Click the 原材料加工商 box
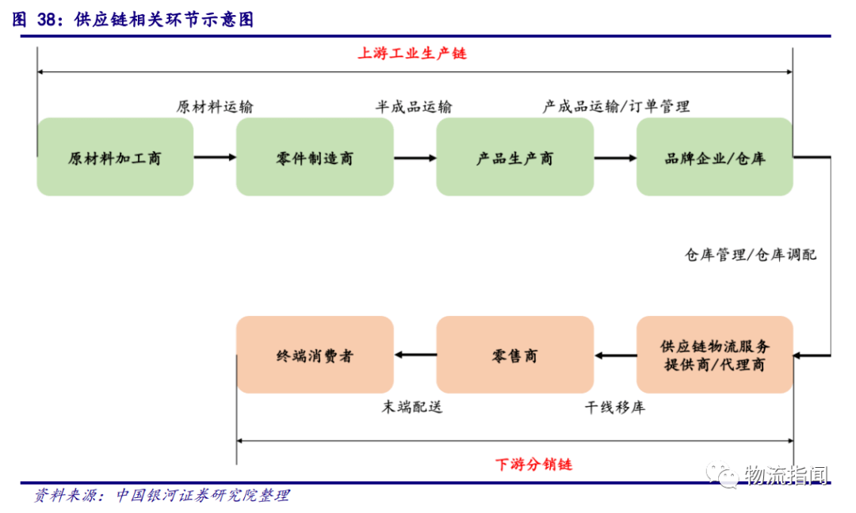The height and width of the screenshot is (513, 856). pyautogui.click(x=115, y=157)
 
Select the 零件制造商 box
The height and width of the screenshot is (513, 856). pyautogui.click(x=315, y=157)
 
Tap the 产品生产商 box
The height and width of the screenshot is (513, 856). pyautogui.click(x=514, y=157)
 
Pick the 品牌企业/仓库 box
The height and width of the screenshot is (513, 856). pyautogui.click(x=714, y=157)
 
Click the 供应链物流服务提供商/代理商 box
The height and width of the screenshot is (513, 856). pyautogui.click(x=714, y=355)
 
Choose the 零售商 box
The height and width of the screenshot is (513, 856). pyautogui.click(x=514, y=355)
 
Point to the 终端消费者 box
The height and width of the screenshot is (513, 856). pyautogui.click(x=315, y=355)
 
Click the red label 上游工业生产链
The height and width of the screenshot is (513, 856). pyautogui.click(x=412, y=54)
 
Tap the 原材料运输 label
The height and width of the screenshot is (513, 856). pyautogui.click(x=215, y=107)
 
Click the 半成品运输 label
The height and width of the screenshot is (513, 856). pyautogui.click(x=414, y=107)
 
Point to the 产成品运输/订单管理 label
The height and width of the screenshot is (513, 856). pyautogui.click(x=616, y=106)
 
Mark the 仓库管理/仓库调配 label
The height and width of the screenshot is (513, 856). pyautogui.click(x=751, y=254)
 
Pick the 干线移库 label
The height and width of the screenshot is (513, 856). pyautogui.click(x=615, y=408)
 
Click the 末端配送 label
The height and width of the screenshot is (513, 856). pyautogui.click(x=412, y=408)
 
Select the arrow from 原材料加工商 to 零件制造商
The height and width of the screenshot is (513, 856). pyautogui.click(x=215, y=158)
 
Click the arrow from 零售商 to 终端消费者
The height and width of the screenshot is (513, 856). pyautogui.click(x=415, y=355)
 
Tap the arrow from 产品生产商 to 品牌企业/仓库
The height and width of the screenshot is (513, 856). pyautogui.click(x=615, y=158)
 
